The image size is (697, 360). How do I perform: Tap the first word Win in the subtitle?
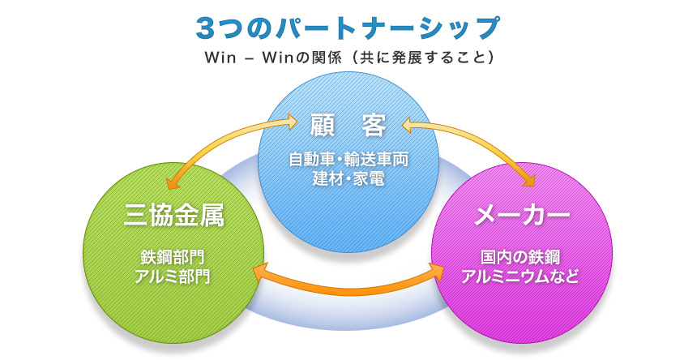(220, 58)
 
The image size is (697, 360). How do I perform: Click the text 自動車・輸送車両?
(348, 160)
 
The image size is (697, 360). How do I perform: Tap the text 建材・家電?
(348, 178)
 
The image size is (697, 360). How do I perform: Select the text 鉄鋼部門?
(174, 258)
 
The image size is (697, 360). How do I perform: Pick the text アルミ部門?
(174, 276)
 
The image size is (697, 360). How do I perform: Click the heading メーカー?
(523, 216)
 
